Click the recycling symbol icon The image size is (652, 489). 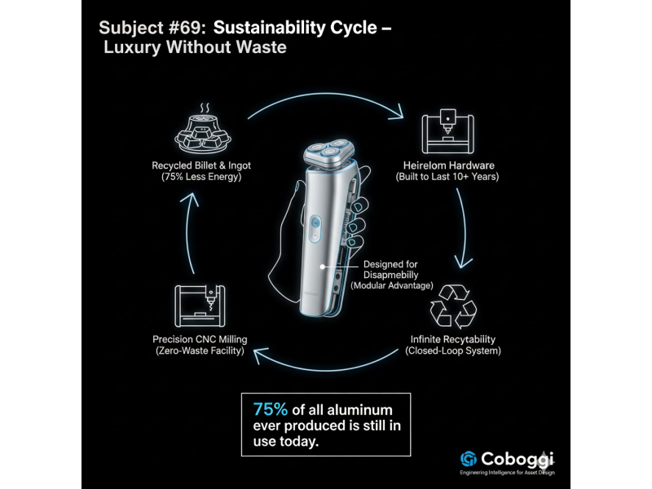pos(452,306)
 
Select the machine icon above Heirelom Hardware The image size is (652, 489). pos(446,131)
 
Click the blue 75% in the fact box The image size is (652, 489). pos(271,408)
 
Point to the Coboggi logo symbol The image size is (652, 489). pos(468,458)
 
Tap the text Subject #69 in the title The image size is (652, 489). pos(152,27)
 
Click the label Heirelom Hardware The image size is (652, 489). pos(447,165)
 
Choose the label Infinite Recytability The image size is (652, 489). pos(452,339)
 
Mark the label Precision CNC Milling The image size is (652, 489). pos(200,339)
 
